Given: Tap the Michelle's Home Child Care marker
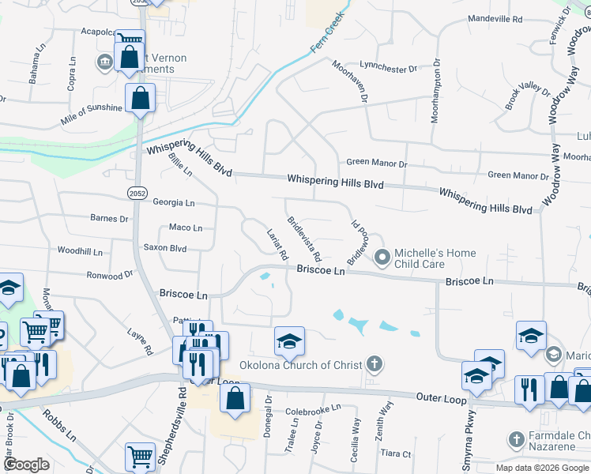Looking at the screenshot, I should pyautogui.click(x=383, y=258).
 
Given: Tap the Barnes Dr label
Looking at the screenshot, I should pyautogui.click(x=109, y=219).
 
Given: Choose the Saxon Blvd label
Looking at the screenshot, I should pyautogui.click(x=164, y=247).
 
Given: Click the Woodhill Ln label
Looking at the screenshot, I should pyautogui.click(x=80, y=251).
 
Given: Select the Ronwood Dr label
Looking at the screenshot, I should pyautogui.click(x=111, y=276).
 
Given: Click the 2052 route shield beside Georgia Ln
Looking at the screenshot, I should pyautogui.click(x=137, y=192).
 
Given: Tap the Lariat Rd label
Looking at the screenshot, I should pyautogui.click(x=278, y=245).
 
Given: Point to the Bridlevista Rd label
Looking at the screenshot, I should pyautogui.click(x=304, y=239).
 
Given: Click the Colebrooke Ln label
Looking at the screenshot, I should pyautogui.click(x=312, y=411).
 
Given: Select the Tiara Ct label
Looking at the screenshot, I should pyautogui.click(x=396, y=454).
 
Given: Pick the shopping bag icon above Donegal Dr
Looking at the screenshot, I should pyautogui.click(x=235, y=400).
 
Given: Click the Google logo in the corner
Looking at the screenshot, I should pyautogui.click(x=26, y=465).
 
